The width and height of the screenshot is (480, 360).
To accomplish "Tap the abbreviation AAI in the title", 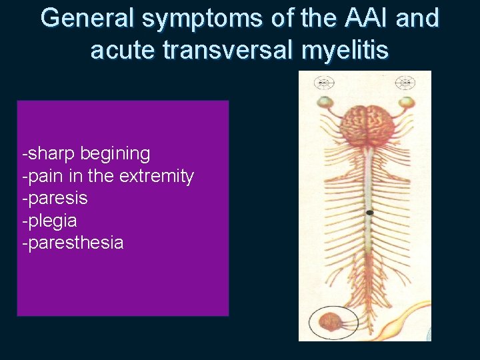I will click(x=356, y=19).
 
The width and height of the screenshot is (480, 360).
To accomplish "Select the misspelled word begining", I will click(x=115, y=155).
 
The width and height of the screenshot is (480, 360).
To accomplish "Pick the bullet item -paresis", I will click(x=55, y=199).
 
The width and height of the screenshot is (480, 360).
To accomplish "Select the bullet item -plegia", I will click(x=50, y=221).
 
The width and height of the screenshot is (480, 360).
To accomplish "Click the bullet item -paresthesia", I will click(x=73, y=243).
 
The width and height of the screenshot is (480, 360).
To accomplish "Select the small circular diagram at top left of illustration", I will click(x=325, y=83).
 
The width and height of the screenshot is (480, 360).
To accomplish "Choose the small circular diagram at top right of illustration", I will click(x=405, y=83).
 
